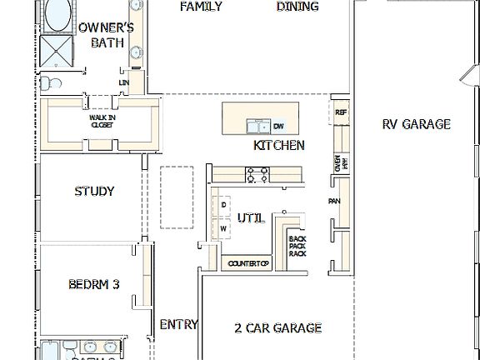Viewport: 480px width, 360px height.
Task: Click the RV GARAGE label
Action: (416, 124)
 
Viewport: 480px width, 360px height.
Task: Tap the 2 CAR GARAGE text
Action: (277, 327)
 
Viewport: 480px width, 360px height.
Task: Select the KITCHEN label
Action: (278, 145)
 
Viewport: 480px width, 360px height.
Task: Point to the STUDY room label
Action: (94, 191)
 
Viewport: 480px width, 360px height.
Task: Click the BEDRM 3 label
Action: (93, 284)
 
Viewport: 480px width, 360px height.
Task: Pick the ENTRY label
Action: (177, 324)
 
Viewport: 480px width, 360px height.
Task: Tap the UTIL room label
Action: (251, 218)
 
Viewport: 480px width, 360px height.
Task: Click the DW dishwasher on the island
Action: (278, 127)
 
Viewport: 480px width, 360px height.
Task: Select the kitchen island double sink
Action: (257, 126)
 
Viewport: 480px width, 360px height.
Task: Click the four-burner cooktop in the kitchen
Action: (257, 174)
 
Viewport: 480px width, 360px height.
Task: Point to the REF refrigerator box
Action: (340, 112)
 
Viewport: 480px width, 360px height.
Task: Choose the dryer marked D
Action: (223, 205)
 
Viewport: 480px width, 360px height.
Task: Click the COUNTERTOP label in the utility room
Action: (248, 264)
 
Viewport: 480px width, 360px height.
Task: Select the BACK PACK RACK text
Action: (297, 247)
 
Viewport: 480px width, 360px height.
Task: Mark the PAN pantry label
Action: (333, 202)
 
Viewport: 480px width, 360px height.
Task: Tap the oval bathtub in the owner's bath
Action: (57, 14)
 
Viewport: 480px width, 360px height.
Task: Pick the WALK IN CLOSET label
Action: (102, 122)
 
